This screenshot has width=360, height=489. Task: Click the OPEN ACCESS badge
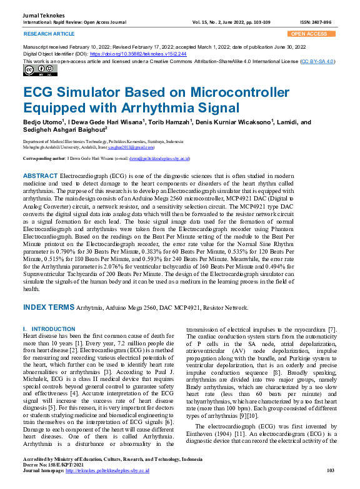pos(309,34)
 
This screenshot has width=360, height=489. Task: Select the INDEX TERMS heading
pos(48,308)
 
